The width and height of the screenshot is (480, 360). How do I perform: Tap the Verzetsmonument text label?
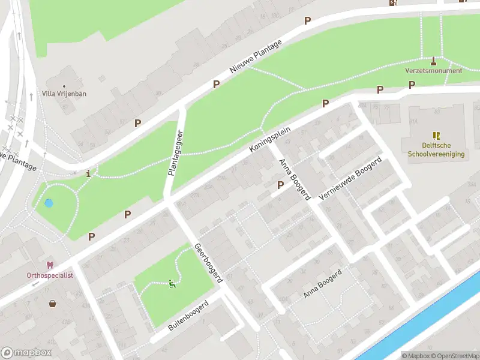(x=433, y=71)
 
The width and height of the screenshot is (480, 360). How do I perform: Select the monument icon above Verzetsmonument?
(x=434, y=61)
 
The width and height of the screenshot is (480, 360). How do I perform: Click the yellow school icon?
(x=436, y=136)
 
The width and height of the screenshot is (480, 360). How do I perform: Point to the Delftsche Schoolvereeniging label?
(x=436, y=150)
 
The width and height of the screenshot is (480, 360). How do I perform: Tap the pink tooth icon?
(x=50, y=265)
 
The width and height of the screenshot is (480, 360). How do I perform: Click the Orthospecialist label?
(x=50, y=275)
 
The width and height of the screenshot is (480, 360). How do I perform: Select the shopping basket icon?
(x=53, y=303)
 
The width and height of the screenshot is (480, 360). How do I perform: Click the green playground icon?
(x=172, y=284)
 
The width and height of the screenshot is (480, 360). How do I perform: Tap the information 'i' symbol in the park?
(x=89, y=174)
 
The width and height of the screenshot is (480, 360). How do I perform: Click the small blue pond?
(x=49, y=203)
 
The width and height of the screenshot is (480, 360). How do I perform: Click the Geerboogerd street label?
(x=208, y=263)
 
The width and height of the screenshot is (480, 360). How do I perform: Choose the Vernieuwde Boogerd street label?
(x=351, y=179)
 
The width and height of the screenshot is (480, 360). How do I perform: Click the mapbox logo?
(x=26, y=353)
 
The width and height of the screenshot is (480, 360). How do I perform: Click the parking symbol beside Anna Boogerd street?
(x=280, y=185)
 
